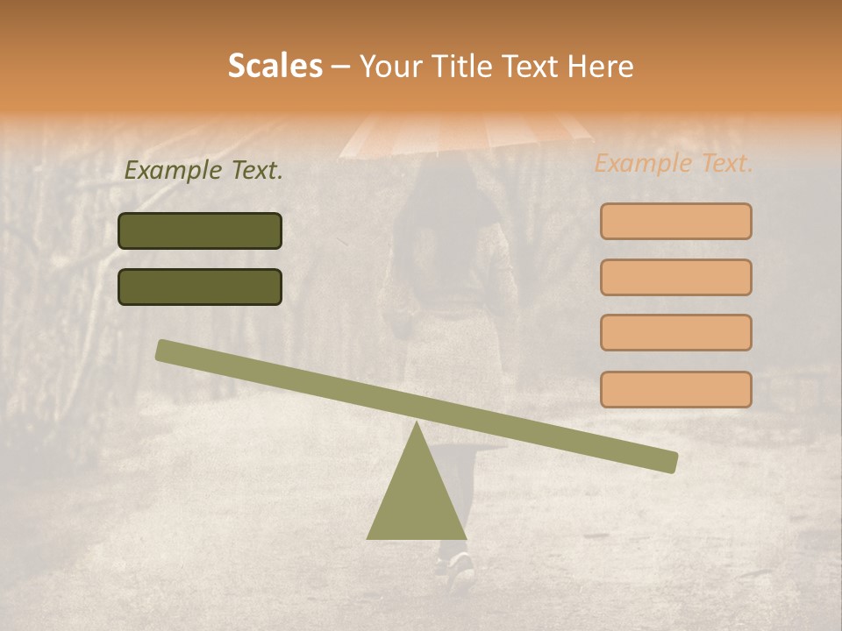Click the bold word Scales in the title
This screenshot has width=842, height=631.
pyautogui.click(x=275, y=66)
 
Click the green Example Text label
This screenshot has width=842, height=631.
pyautogui.click(x=203, y=171)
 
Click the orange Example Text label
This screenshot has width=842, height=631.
pyautogui.click(x=674, y=163)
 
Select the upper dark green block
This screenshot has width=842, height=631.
pyautogui.click(x=200, y=230)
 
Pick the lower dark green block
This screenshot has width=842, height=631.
pyautogui.click(x=200, y=287)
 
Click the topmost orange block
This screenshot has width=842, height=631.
pyautogui.click(x=675, y=221)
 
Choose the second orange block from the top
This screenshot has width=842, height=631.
pyautogui.click(x=675, y=277)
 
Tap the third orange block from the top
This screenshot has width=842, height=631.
pyautogui.click(x=675, y=332)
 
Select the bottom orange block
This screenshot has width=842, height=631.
pyautogui.click(x=675, y=389)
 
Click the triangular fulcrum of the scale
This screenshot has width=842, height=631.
pyautogui.click(x=417, y=495)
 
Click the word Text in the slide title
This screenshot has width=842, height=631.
pyautogui.click(x=533, y=67)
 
